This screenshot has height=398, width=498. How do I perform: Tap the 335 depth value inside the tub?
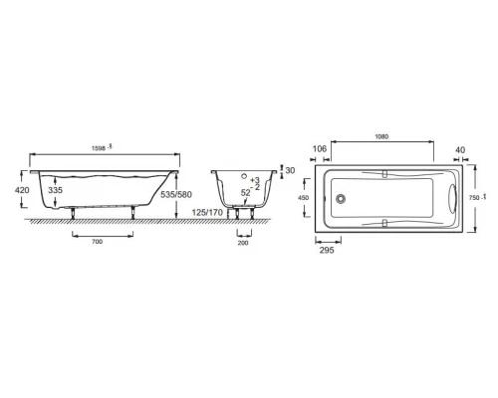pyautogui.click(x=57, y=189)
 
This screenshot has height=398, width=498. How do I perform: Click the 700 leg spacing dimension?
pyautogui.click(x=96, y=242)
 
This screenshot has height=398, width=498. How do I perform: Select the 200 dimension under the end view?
pyautogui.click(x=244, y=242)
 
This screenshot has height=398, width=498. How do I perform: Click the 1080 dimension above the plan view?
pyautogui.click(x=383, y=140)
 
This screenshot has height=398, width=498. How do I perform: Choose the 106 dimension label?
pyautogui.click(x=319, y=149)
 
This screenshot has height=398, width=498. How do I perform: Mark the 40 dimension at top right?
pyautogui.click(x=459, y=149)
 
